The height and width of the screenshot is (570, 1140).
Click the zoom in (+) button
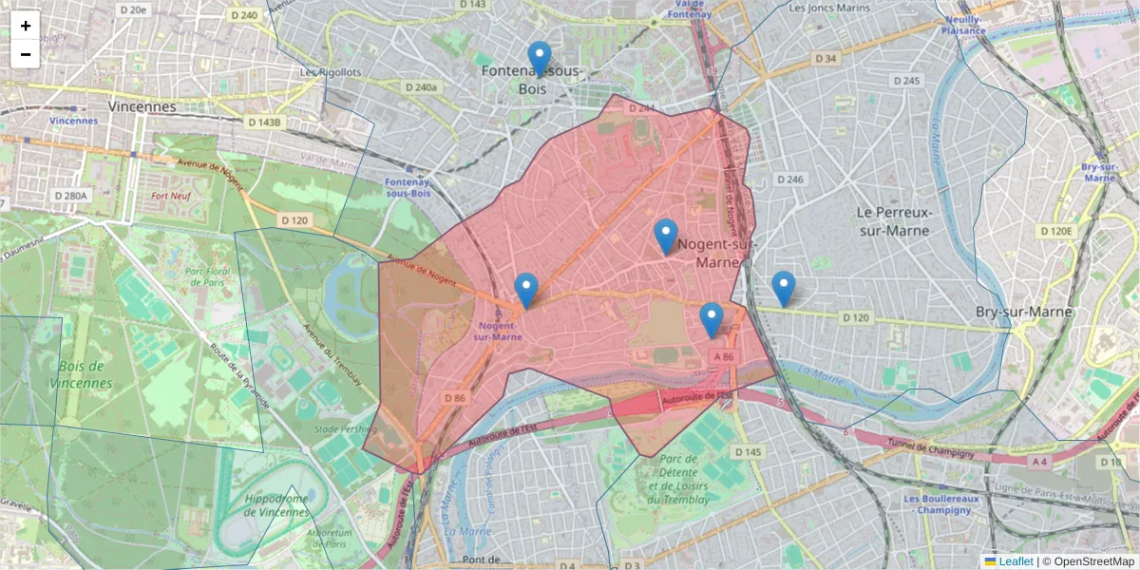26,26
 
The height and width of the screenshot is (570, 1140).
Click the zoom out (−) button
26,54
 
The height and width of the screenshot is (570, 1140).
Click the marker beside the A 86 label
711,320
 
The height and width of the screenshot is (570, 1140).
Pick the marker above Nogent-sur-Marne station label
525,291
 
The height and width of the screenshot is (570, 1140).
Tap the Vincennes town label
142,106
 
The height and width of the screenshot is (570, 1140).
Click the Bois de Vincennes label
85,374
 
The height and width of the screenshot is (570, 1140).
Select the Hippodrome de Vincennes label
277,505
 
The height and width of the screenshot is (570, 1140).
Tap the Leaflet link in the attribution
1016,561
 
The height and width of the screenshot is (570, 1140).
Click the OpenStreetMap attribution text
1088,561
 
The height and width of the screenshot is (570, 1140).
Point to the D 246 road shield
789,179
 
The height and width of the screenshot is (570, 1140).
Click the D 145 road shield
749,452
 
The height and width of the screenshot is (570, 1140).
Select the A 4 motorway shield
1040,463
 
